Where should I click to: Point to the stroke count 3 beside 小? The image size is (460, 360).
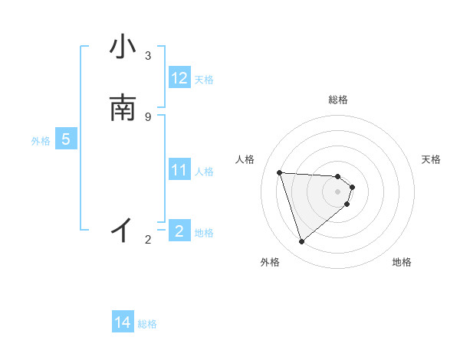click(x=148, y=55)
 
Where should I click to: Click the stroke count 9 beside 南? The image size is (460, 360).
click(x=148, y=116)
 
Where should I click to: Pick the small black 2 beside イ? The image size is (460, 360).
click(x=148, y=240)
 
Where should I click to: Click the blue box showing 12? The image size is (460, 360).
click(x=179, y=77)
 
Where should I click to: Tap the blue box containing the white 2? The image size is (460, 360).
click(x=179, y=231)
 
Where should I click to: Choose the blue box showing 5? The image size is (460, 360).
click(x=66, y=139)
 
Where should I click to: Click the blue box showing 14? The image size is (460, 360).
click(x=123, y=322)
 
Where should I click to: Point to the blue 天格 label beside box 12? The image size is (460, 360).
click(x=204, y=79)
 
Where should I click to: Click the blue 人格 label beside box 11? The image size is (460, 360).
click(x=204, y=172)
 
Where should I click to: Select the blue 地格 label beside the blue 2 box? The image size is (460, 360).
click(x=204, y=233)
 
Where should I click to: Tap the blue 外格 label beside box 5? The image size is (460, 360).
click(x=41, y=141)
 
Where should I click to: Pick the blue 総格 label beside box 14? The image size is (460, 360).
click(x=147, y=325)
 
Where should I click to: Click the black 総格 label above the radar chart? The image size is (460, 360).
click(x=338, y=100)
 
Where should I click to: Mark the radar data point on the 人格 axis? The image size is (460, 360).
click(x=280, y=172)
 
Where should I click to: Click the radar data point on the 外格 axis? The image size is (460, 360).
click(x=301, y=242)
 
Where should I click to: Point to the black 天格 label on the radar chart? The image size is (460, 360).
click(x=431, y=159)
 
